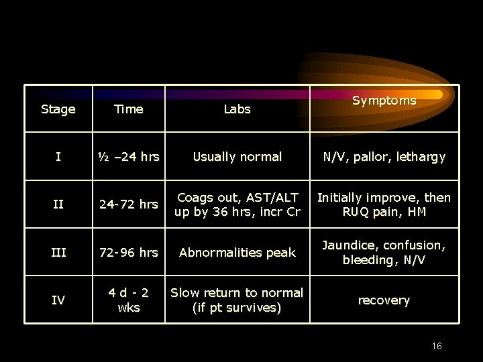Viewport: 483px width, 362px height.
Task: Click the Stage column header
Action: click(58, 109)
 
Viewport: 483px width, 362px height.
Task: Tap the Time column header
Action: click(128, 109)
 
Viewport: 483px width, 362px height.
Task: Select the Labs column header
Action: click(237, 109)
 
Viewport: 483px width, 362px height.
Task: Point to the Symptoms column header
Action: click(384, 101)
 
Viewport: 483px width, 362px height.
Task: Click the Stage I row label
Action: click(58, 157)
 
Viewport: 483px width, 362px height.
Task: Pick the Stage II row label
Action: click(58, 204)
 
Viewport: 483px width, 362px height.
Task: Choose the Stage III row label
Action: click(58, 253)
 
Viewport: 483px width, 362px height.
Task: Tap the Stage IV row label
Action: click(58, 300)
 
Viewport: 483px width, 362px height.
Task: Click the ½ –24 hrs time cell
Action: click(128, 157)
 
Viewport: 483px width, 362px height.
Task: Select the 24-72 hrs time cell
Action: click(128, 204)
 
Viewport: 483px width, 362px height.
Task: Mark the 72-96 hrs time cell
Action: click(128, 253)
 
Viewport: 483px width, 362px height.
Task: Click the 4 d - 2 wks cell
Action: click(128, 300)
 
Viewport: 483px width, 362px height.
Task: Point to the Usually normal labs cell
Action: click(237, 157)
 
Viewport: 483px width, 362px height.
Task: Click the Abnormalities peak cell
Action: click(237, 253)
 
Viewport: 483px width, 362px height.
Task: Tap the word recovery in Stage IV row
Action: click(384, 300)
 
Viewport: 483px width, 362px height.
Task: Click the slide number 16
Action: click(437, 346)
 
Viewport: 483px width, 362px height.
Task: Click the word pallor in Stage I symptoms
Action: click(368, 157)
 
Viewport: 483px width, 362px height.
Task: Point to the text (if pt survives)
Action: click(237, 308)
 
